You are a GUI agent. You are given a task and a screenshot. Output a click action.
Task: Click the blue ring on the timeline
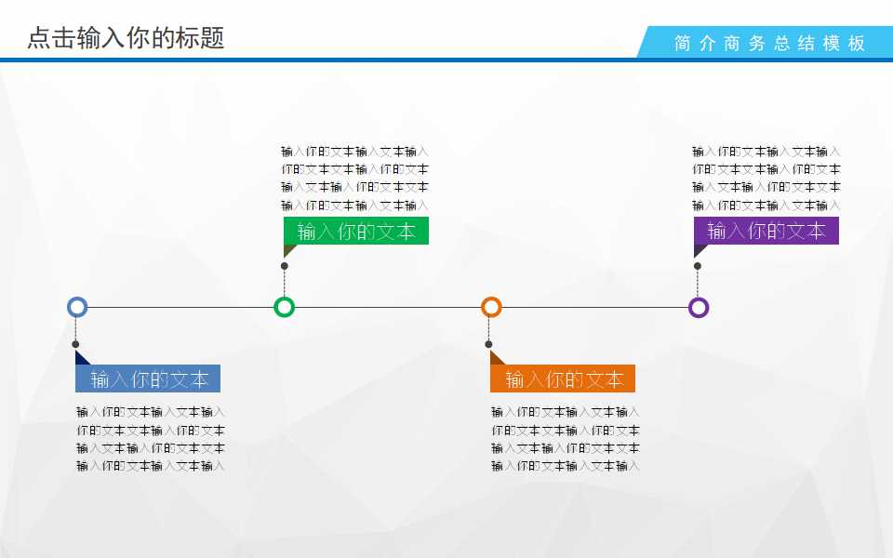click(77, 307)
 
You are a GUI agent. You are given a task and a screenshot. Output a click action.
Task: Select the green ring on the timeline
click(285, 307)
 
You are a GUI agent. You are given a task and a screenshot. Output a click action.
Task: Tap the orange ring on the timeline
click(491, 307)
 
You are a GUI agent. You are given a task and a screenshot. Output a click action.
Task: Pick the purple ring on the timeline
click(699, 307)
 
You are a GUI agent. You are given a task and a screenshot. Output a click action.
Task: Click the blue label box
click(148, 379)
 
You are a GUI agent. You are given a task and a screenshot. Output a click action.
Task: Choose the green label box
click(355, 231)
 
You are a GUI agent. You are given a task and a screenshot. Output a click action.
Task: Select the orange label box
click(563, 379)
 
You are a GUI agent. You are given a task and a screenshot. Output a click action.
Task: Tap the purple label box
click(766, 231)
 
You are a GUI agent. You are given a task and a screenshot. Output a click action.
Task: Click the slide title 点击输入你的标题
click(126, 38)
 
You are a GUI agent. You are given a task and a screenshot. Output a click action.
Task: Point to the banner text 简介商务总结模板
click(770, 43)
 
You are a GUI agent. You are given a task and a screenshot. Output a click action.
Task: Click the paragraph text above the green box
click(355, 178)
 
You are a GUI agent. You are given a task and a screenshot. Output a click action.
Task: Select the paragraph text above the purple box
click(766, 178)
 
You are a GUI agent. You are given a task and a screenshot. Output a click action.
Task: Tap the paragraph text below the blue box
click(151, 439)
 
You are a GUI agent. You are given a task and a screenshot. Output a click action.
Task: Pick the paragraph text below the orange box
click(566, 439)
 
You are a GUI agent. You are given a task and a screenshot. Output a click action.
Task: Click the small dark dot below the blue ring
click(75, 345)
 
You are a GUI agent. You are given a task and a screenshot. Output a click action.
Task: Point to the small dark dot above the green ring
click(285, 266)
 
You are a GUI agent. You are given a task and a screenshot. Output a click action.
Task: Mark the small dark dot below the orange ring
click(488, 345)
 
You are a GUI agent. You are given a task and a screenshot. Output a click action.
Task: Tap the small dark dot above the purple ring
click(698, 266)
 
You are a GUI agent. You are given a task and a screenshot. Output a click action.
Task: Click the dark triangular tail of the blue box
click(80, 359)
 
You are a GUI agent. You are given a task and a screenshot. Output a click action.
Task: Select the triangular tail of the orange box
click(495, 359)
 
